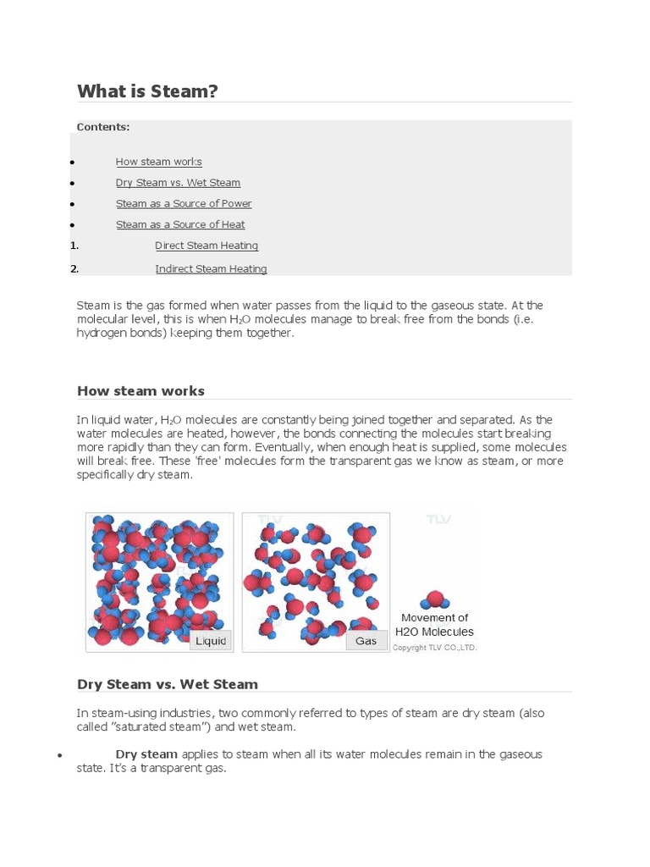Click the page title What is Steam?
(x=147, y=91)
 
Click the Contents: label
(x=103, y=127)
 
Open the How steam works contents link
(x=158, y=162)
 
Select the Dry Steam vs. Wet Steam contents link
(x=178, y=183)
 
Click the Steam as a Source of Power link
(x=184, y=204)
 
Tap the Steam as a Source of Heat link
(x=180, y=225)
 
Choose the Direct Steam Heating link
(x=207, y=246)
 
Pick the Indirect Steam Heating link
(x=211, y=269)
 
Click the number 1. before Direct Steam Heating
(x=74, y=246)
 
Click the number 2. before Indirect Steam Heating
(x=74, y=269)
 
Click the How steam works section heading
(x=140, y=391)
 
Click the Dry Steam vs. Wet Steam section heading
(x=168, y=684)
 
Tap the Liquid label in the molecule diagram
(x=211, y=641)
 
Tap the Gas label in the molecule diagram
(x=366, y=641)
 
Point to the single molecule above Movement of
(x=435, y=599)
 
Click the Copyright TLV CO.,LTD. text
(x=435, y=648)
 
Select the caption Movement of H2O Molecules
(x=435, y=625)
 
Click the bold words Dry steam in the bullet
(x=146, y=754)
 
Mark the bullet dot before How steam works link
(x=74, y=163)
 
